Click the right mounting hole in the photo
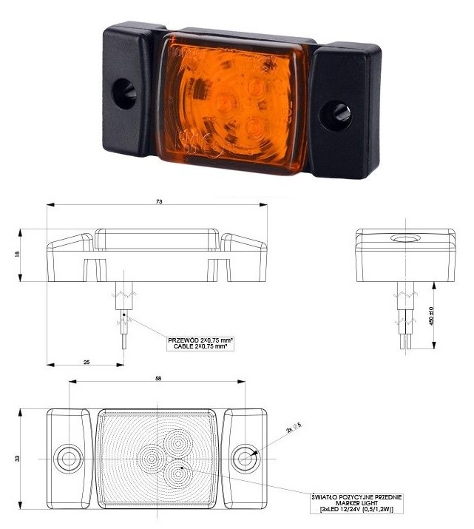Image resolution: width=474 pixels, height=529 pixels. click(340, 112)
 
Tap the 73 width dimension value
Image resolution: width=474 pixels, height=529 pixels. click(158, 201)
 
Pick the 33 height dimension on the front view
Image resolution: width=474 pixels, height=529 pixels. click(17, 458)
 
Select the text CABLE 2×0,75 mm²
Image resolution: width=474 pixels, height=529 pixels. click(200, 346)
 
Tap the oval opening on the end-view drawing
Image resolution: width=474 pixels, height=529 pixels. click(404, 239)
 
